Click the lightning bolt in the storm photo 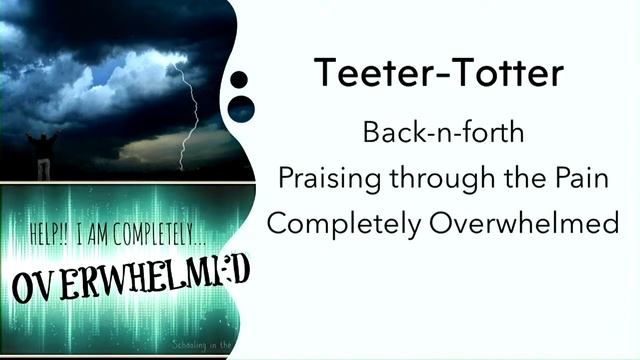pos(189,110)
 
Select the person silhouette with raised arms pos(43,150)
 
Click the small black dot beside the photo pos(238,80)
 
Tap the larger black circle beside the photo pos(241,107)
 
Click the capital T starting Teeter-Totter pos(325,73)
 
